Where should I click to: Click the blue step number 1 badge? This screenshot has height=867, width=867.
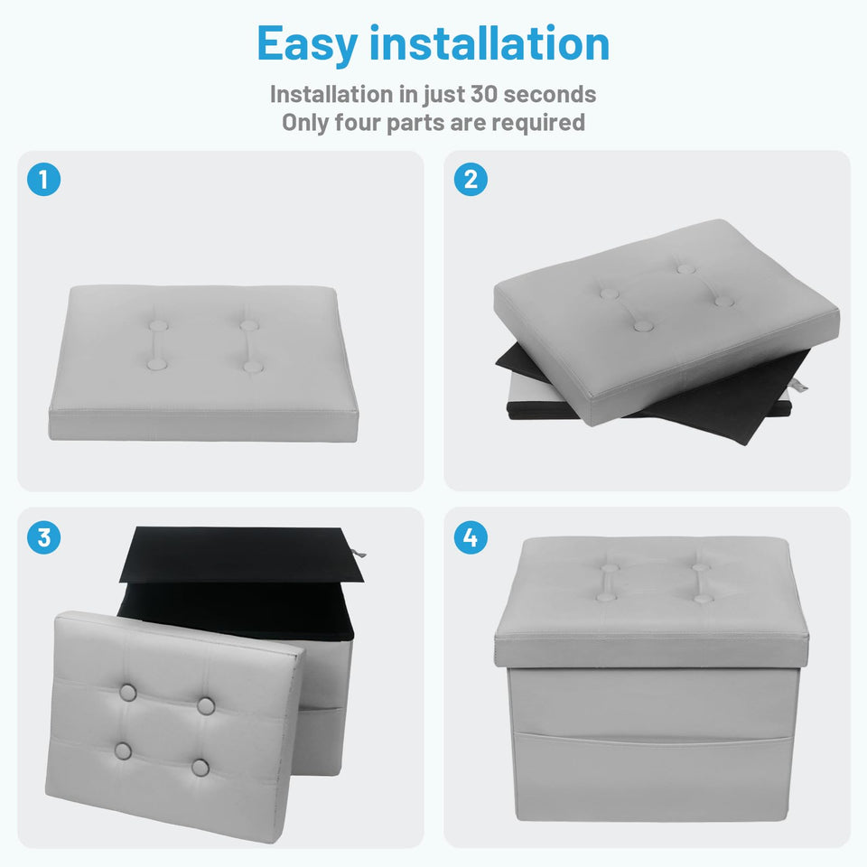43,179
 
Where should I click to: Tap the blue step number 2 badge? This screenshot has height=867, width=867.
471,179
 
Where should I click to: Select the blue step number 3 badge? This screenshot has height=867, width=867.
43,537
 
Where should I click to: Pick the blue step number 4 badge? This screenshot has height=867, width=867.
471,537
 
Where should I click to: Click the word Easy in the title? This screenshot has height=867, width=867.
307,44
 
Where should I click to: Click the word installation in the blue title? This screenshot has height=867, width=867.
489,42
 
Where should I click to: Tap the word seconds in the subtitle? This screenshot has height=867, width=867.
550,94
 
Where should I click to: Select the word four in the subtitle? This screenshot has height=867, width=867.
357,122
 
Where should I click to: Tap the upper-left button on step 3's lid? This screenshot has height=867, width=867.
127,693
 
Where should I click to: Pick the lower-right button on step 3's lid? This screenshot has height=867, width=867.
200,768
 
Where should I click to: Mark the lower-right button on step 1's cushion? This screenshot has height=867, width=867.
253,367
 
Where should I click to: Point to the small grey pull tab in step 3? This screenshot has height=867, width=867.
359,553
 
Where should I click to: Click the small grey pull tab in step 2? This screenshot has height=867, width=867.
801,386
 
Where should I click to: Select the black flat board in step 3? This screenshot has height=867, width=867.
242,554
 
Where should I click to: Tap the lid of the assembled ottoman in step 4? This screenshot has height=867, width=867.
651,601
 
